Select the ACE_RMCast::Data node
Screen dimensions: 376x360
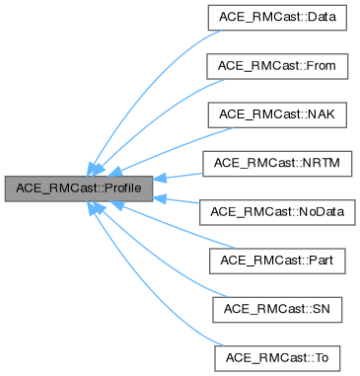point(271,19)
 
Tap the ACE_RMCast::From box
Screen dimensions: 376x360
point(271,66)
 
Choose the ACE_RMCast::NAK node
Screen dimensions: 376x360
point(271,114)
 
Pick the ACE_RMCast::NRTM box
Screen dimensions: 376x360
point(271,162)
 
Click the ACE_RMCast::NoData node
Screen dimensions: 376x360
point(271,210)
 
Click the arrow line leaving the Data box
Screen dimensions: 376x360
point(148,79)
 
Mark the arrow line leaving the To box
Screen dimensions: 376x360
point(148,296)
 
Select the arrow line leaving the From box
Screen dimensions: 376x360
point(158,109)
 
